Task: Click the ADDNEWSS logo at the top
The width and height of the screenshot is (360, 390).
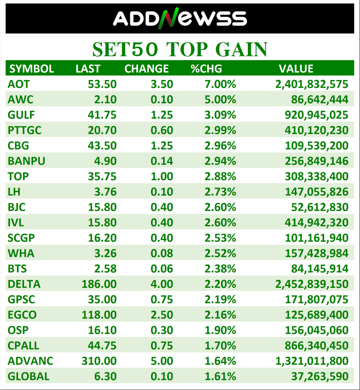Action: pyautogui.click(x=180, y=19)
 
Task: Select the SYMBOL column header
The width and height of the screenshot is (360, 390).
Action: pyautogui.click(x=32, y=69)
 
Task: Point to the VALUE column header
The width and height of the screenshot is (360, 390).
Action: pyautogui.click(x=296, y=69)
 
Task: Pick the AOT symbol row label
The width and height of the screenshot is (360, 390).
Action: pyautogui.click(x=19, y=84)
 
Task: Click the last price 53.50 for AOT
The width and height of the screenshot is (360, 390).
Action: pyautogui.click(x=102, y=84)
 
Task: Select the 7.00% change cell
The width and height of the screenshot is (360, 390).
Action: pyautogui.click(x=220, y=84)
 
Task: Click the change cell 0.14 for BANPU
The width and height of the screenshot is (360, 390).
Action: pyautogui.click(x=162, y=161)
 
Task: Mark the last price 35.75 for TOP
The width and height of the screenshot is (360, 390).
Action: pyautogui.click(x=102, y=176)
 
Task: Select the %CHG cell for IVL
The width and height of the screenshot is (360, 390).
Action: pyautogui.click(x=220, y=223)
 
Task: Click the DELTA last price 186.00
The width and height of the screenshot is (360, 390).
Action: pyautogui.click(x=99, y=284)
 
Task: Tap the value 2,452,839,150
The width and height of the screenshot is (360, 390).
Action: pyautogui.click(x=312, y=284)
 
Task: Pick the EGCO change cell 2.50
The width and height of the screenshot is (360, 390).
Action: pyautogui.click(x=162, y=315)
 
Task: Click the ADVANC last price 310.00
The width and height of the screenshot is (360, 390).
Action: pyautogui.click(x=99, y=361)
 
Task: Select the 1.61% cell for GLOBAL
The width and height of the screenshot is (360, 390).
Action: pyautogui.click(x=220, y=376)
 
